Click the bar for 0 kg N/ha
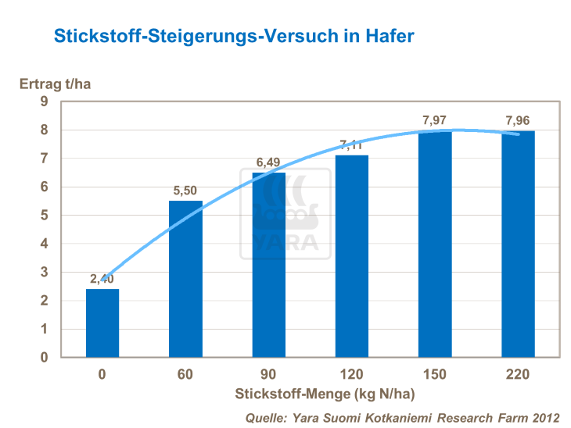102,323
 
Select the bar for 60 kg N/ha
185,279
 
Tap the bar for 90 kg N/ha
268,265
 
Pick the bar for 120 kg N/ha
351,256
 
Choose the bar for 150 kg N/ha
435,244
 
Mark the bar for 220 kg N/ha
518,244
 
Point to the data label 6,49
268,162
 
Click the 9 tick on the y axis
45,102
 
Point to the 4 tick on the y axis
45,244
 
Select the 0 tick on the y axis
45,358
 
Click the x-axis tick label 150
435,375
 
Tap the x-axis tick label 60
185,375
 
